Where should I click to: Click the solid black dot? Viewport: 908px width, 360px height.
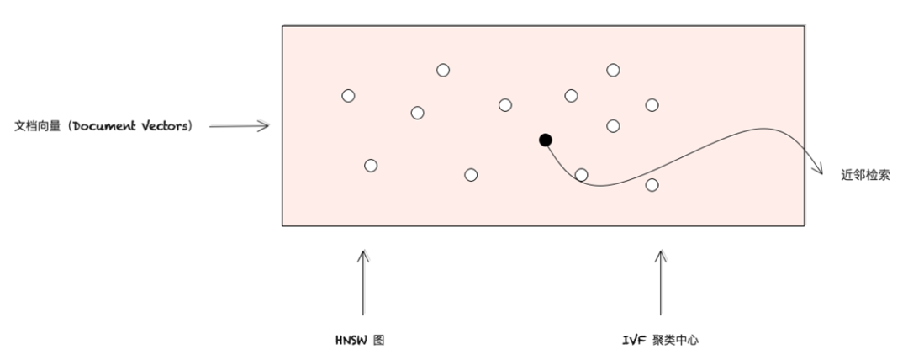(545, 139)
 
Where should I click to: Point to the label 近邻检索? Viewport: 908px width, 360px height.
(860, 177)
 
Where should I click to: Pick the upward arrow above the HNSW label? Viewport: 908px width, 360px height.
(363, 282)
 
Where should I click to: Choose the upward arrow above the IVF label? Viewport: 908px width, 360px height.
(660, 282)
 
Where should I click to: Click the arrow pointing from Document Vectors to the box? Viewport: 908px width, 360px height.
(239, 126)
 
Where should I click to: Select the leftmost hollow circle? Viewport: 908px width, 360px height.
(348, 96)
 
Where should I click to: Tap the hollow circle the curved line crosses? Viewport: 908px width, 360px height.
(581, 174)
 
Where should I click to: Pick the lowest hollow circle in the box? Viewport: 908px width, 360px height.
(652, 184)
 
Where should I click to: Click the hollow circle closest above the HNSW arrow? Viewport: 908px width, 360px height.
(370, 166)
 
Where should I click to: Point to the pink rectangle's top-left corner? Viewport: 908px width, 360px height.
(282, 26)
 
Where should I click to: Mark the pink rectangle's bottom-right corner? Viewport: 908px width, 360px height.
(805, 225)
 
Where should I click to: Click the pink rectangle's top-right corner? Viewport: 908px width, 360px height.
(805, 26)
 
